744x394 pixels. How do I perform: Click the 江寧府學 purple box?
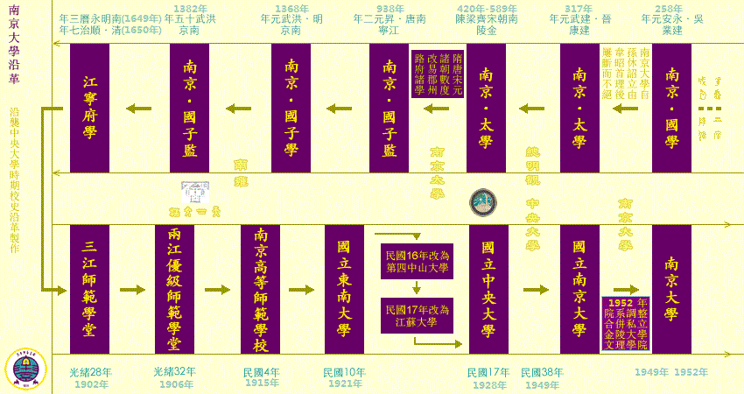coord(89,108)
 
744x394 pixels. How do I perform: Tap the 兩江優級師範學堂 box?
coord(174,289)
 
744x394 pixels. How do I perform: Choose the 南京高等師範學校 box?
coord(260,289)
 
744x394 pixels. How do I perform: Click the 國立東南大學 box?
coord(344,289)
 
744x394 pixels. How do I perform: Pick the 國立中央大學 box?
coord(488,289)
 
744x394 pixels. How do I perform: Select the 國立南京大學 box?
coord(579,289)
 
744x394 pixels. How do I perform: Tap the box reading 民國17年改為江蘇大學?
coord(417,316)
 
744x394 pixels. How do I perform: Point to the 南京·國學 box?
coord(671,108)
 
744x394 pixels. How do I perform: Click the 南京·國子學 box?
coord(291,108)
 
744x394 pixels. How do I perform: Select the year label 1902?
coord(91,384)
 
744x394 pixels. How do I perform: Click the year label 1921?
coord(344,384)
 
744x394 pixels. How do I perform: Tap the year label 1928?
coord(488,384)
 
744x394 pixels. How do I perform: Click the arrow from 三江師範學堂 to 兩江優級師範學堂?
coord(132,290)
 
